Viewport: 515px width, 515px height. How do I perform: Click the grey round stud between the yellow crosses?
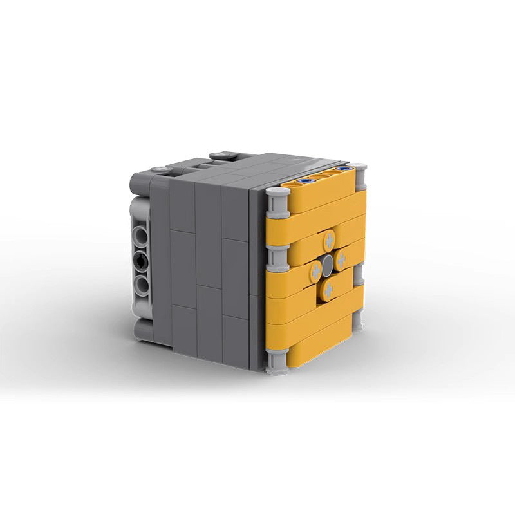tap(330, 264)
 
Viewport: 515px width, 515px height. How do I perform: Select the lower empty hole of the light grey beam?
tap(142, 284)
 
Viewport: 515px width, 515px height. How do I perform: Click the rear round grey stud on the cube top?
tap(223, 154)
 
